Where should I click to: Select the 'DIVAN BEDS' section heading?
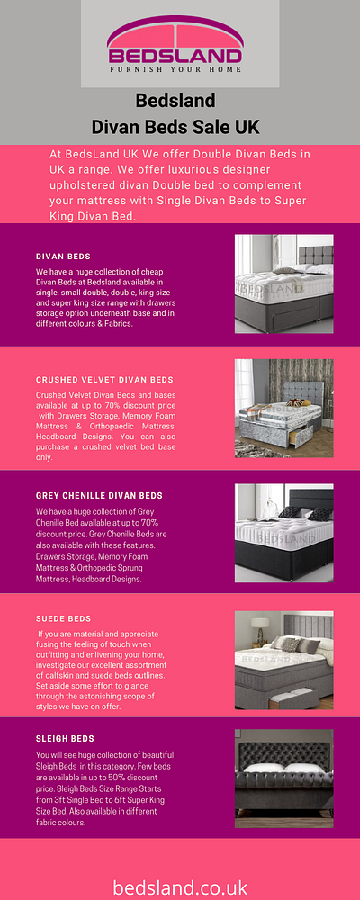[x=63, y=256]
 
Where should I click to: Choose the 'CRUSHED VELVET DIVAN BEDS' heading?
[x=104, y=381]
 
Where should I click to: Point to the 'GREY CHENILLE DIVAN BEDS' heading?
[x=99, y=496]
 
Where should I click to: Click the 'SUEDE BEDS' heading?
[x=63, y=619]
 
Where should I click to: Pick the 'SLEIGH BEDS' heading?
[x=65, y=739]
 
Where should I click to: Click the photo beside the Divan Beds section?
[x=283, y=284]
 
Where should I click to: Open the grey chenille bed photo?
[x=283, y=533]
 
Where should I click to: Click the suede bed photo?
[x=283, y=660]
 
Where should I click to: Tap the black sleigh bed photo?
[x=283, y=779]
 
